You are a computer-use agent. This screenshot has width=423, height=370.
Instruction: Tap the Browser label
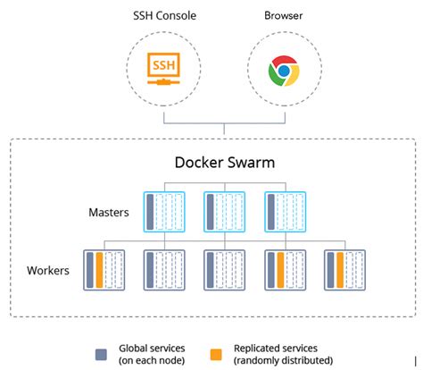click(x=284, y=16)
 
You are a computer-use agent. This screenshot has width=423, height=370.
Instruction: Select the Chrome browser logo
click(x=284, y=71)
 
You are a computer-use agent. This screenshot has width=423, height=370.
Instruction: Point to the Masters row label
click(x=110, y=213)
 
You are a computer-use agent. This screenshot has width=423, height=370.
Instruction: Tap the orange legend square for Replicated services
click(x=219, y=353)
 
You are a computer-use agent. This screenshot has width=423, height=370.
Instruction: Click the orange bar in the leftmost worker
click(x=100, y=268)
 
